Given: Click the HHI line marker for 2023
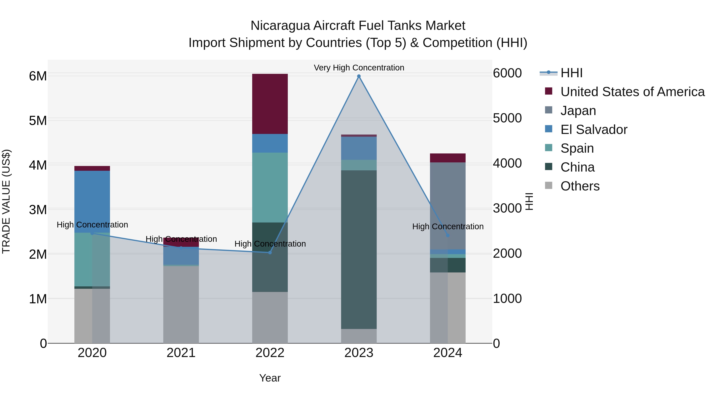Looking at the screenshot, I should coord(359,76).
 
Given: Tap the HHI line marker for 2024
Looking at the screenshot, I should coord(447,236).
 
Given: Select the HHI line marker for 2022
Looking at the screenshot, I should coord(270,253).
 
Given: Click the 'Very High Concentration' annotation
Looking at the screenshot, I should coord(359,68).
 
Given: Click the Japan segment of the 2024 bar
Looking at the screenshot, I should coord(447,206).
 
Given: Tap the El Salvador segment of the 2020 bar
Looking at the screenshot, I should coord(92,202).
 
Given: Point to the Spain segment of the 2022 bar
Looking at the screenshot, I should coord(270,187).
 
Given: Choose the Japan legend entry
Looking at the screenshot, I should coord(578,111).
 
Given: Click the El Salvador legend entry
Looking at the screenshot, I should coord(594,130).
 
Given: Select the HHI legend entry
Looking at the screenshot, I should coord(571,73).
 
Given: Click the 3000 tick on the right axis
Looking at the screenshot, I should coord(507,208).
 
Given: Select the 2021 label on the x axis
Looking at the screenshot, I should coord(181,353).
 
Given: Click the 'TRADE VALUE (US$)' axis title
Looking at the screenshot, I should coord(6,201).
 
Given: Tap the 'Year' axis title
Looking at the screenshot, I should coord(270,378).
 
